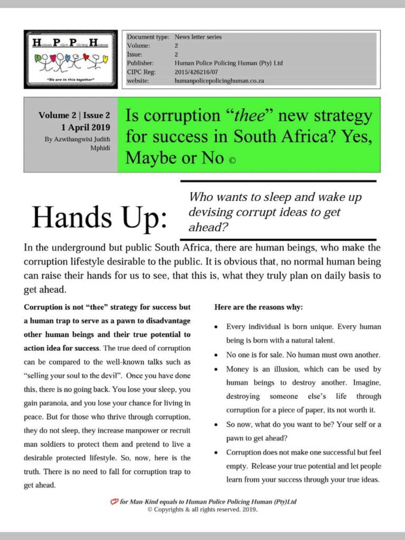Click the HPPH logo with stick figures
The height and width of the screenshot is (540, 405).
(71, 59)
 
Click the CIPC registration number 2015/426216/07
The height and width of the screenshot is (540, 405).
(196, 72)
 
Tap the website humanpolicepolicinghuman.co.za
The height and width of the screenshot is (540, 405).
(219, 81)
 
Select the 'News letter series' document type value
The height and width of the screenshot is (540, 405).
(198, 37)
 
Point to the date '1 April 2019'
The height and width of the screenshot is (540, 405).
(85, 127)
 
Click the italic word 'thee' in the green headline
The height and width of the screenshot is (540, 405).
(249, 115)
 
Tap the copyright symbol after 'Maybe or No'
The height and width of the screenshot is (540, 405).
(232, 160)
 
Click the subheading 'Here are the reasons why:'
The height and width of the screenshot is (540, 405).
(258, 307)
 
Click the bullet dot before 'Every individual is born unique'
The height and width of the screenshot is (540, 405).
(216, 327)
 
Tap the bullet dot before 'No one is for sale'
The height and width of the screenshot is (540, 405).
(216, 355)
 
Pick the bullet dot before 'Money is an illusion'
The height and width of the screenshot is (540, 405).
(216, 369)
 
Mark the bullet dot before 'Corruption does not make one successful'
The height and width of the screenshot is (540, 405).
(216, 453)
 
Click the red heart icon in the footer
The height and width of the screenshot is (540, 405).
(114, 502)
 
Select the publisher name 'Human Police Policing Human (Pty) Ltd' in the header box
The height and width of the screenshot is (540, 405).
(228, 63)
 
